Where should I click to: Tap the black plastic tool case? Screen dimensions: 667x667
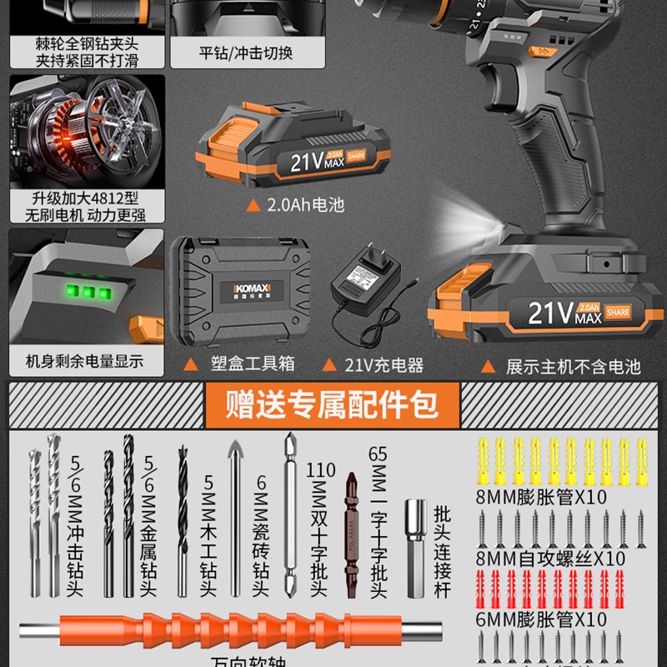238,293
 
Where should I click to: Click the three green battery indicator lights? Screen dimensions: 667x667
85,293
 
